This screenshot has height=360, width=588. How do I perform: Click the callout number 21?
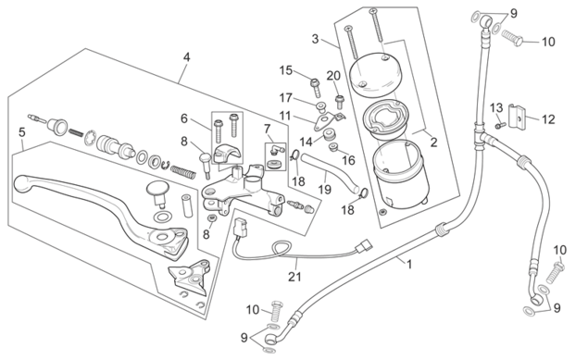(294, 277)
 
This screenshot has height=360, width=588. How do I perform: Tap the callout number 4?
(186, 57)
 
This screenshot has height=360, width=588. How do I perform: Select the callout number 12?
(548, 119)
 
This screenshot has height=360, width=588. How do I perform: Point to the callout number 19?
(325, 189)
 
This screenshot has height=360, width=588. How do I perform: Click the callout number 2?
(434, 143)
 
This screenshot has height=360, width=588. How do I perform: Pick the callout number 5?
(22, 132)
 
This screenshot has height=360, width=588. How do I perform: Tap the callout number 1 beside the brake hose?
(409, 265)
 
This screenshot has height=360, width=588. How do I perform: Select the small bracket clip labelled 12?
(516, 117)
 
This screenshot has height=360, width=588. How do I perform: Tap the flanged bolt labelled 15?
(316, 87)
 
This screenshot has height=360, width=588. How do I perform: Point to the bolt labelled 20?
(340, 102)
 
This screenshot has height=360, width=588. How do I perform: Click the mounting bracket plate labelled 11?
(328, 121)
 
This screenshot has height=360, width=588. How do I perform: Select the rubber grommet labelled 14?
(330, 134)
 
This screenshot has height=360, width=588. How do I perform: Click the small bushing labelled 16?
(332, 146)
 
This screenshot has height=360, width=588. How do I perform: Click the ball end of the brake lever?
(21, 183)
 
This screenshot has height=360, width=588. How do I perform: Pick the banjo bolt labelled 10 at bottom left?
(276, 311)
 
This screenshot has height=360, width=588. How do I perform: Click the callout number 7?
(267, 130)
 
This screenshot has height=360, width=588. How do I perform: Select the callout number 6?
(183, 118)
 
